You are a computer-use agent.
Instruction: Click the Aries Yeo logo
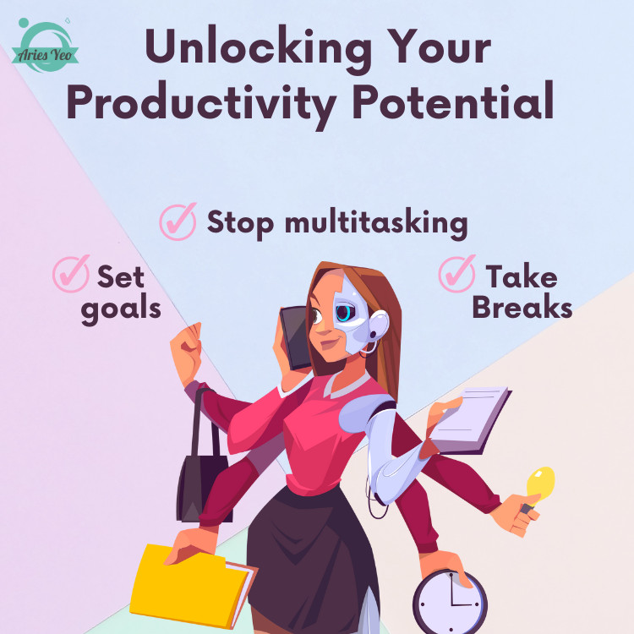(45, 46)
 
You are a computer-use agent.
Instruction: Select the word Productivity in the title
(201, 104)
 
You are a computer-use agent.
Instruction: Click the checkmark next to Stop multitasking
(178, 221)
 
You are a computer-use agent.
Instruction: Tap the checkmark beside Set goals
(71, 273)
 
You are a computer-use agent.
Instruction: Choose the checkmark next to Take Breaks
(456, 273)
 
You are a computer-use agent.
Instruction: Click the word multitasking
(376, 223)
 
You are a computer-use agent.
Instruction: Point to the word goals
(121, 310)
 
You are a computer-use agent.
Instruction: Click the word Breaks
(522, 308)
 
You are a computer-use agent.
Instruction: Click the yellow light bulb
(540, 484)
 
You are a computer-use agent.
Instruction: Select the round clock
(450, 603)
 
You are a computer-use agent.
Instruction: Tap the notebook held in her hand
(470, 420)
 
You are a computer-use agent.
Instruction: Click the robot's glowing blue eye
(345, 313)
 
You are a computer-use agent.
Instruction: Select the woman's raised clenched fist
(186, 347)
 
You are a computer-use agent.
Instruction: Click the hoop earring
(369, 348)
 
